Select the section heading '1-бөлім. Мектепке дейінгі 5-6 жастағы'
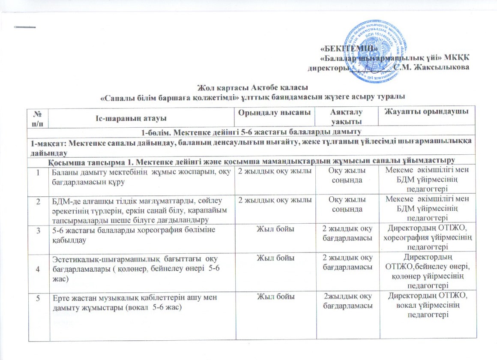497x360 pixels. pos(252,130)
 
